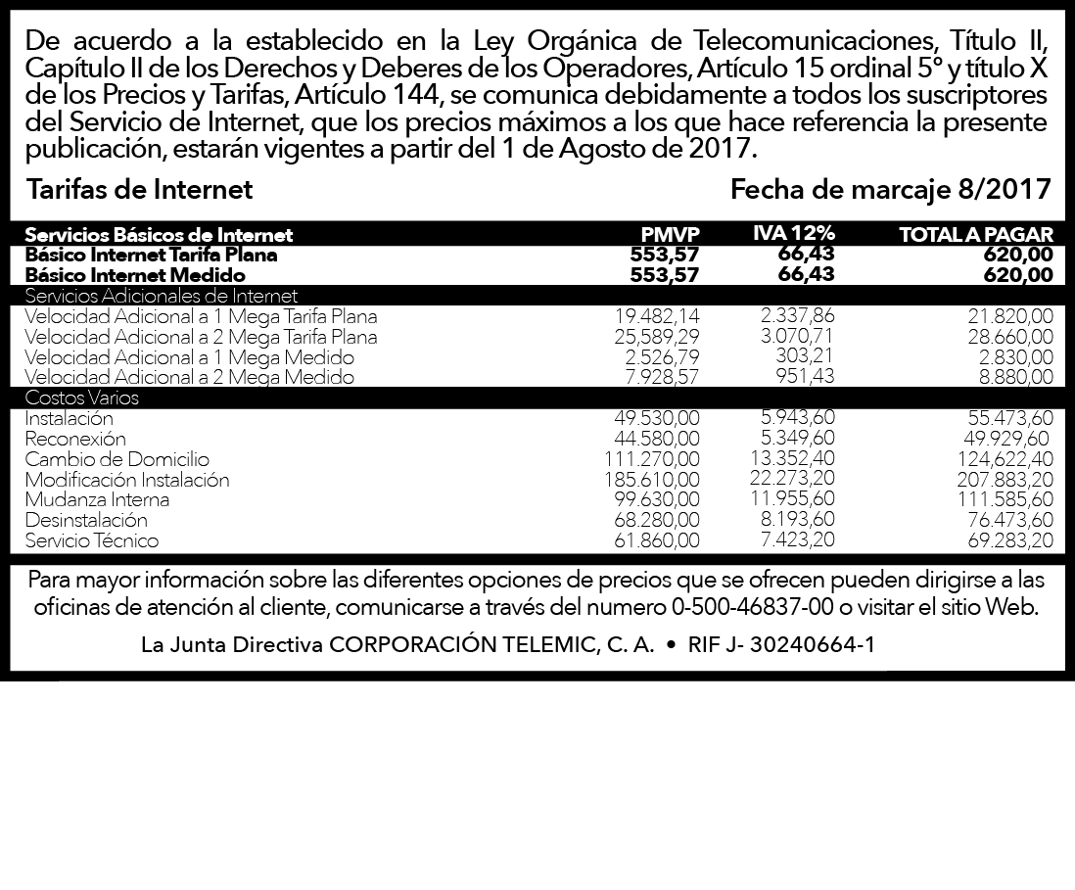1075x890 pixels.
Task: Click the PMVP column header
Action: pos(671,235)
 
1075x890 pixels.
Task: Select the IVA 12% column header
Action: pos(794,233)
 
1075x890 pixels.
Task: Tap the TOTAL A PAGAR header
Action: pos(976,235)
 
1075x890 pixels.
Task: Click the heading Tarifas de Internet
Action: pos(139,189)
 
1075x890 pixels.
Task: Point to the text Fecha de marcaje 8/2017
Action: pos(891,189)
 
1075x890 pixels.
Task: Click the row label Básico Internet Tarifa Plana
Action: pos(151,255)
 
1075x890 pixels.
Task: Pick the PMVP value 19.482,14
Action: pos(658,316)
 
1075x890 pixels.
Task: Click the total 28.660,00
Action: pos(1010,337)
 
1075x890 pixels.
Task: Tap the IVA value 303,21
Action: pos(805,355)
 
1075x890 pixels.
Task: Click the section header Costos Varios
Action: pos(82,398)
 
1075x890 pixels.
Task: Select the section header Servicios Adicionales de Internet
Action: pos(162,296)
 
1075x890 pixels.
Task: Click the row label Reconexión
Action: pos(75,439)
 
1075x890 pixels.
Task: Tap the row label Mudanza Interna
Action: pos(97,499)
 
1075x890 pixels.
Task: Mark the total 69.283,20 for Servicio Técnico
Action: pos(1009,540)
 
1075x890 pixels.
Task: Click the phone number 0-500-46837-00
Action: pos(753,607)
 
